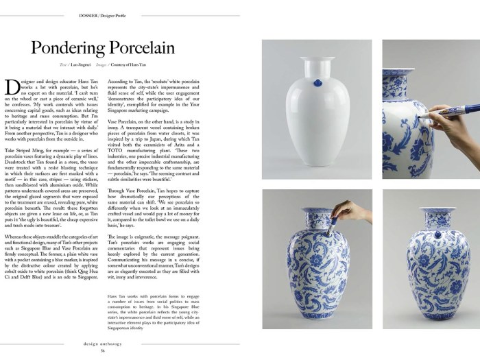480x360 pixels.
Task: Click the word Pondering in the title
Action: coord(69,48)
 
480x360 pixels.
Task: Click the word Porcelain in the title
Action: coord(141,48)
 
